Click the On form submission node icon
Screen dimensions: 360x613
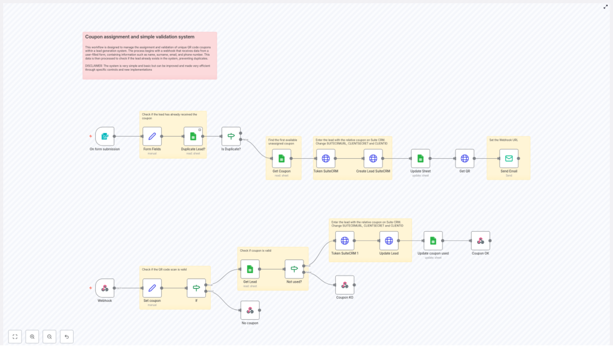(x=104, y=136)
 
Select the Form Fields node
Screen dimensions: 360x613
(x=152, y=136)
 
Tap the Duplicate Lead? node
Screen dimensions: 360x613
(x=193, y=136)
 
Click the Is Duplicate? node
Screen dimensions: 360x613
(x=231, y=136)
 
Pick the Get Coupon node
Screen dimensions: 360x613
(x=281, y=158)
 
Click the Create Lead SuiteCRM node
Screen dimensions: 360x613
(x=373, y=158)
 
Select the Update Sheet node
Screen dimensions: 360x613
(x=420, y=158)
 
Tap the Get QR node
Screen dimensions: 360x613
(x=465, y=158)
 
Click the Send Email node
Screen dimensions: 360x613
(x=509, y=158)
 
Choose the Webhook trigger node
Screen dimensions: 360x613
(x=105, y=288)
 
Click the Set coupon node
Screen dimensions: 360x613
(x=152, y=288)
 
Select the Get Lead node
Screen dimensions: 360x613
(x=250, y=269)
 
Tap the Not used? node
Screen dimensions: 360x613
(x=294, y=269)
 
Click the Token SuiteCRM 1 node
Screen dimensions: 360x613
(x=345, y=240)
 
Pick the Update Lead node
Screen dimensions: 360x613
(x=389, y=240)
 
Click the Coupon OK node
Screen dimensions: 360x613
(x=480, y=240)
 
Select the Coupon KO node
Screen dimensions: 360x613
(x=344, y=285)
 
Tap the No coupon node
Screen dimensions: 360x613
(x=250, y=310)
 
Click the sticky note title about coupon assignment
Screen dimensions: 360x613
(x=139, y=37)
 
